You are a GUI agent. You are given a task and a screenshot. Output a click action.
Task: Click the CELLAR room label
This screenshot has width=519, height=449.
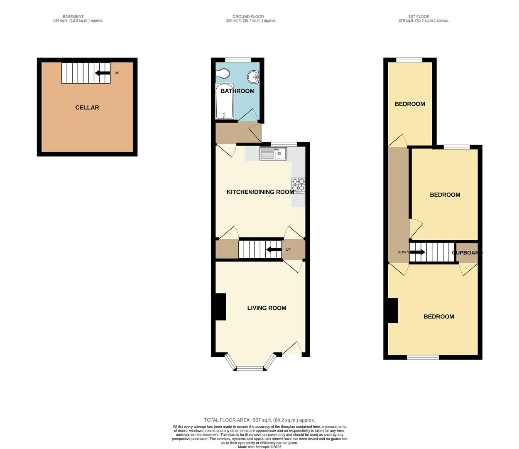coord(87,108)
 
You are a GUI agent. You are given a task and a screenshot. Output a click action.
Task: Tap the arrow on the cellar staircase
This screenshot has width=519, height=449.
coord(102,73)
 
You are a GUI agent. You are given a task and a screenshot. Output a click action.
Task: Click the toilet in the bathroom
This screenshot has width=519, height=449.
coord(223,74)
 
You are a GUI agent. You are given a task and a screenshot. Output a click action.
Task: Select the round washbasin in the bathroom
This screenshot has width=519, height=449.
coord(253,77)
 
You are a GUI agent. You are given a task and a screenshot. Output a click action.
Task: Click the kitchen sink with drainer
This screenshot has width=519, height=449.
coord(273,154)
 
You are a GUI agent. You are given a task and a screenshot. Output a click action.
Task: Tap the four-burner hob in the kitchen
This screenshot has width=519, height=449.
coord(298,185)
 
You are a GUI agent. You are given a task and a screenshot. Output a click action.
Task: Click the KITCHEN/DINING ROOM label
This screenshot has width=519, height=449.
coord(260,192)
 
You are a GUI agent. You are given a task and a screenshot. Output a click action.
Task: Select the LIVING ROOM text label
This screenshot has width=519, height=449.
coord(267,308)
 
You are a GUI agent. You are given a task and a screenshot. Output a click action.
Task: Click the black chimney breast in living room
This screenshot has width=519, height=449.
coord(220,307)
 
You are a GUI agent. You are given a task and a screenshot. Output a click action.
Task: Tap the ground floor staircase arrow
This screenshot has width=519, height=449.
coord(273,250)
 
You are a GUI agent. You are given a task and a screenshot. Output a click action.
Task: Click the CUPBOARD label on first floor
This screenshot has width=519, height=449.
coord(467,253)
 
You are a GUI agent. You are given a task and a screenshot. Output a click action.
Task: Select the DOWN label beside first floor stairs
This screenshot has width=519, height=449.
coord(403,252)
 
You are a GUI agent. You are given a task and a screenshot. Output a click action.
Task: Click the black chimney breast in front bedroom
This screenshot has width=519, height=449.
coord(393,311)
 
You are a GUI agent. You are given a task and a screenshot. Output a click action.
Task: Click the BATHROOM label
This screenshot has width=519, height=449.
coord(237,91)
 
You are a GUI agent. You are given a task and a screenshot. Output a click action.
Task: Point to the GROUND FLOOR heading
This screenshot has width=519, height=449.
coord(248,17)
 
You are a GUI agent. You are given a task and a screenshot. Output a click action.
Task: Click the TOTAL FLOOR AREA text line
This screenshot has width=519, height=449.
coord(259,420)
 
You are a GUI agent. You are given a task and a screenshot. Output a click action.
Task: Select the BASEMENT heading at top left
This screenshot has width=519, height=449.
coord(73,17)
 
